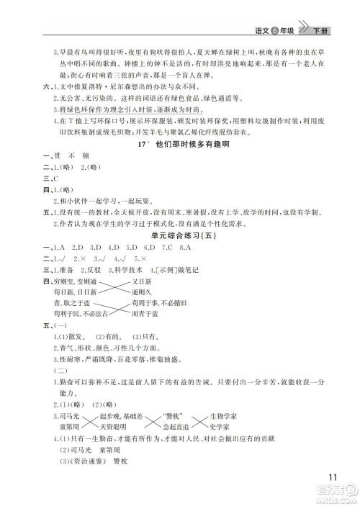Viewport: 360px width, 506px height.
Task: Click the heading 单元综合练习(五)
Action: coord(179,235)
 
